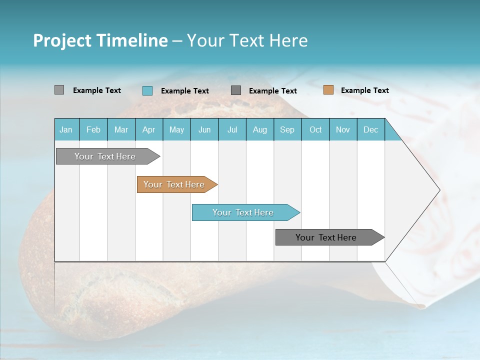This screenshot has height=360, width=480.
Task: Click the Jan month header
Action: [66, 129]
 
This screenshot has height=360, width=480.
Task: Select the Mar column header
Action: [121, 129]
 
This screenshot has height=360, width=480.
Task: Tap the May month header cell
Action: [176, 129]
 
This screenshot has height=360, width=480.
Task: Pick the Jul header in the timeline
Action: [232, 129]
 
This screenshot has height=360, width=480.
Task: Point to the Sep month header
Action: [287, 129]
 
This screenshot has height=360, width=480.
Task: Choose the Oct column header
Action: [315, 129]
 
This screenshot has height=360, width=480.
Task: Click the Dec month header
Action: [370, 129]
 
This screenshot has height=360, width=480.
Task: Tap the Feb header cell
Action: [93, 129]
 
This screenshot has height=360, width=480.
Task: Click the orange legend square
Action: [328, 90]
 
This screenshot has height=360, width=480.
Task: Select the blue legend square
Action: [147, 90]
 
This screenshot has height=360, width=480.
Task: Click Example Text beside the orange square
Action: [364, 90]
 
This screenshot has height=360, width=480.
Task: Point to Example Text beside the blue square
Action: [184, 90]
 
